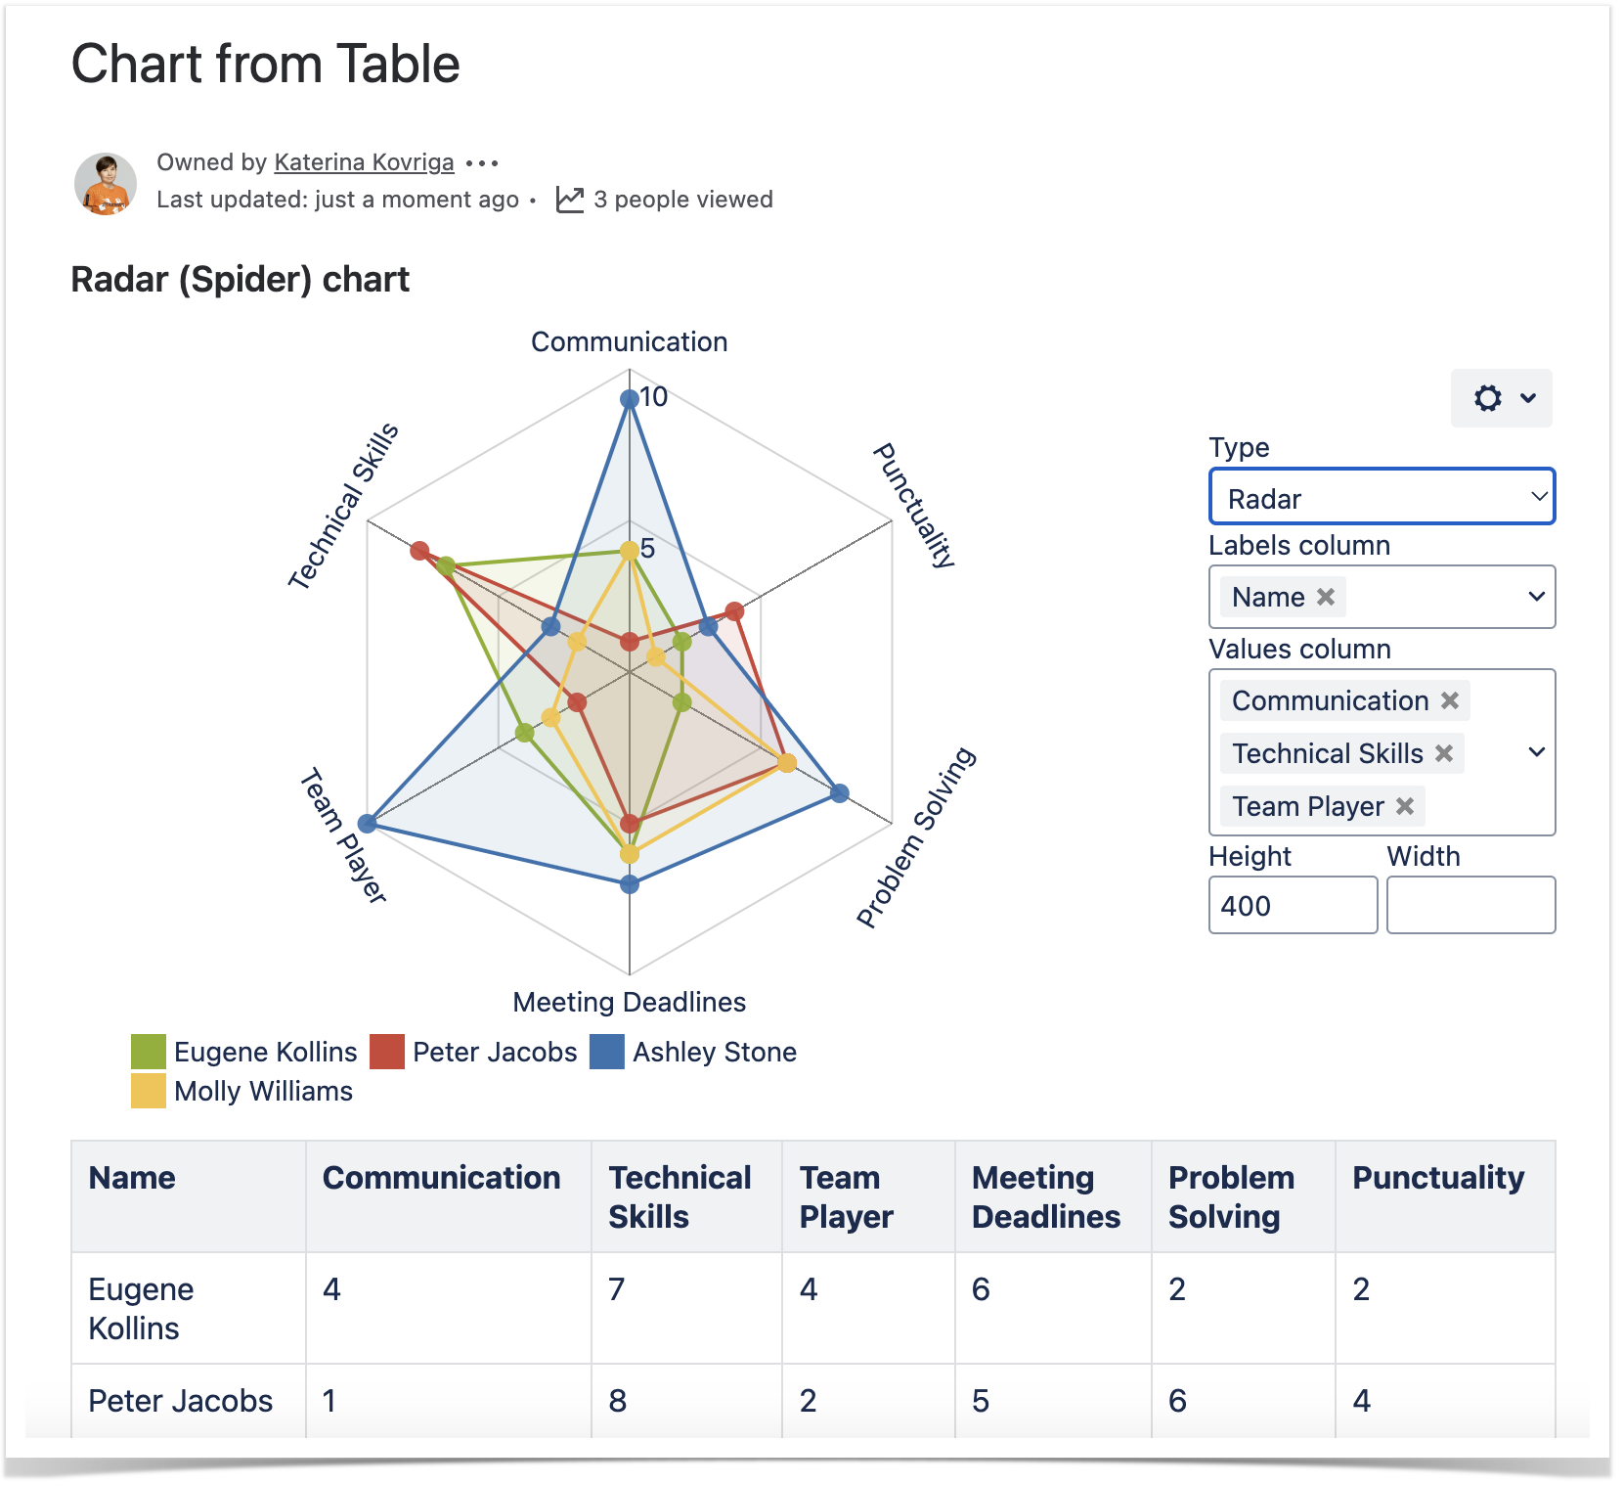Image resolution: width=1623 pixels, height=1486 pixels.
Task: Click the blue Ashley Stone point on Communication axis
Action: (630, 398)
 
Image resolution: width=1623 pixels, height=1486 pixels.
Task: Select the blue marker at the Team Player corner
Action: (367, 824)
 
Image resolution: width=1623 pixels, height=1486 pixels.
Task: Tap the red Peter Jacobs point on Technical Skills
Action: (419, 551)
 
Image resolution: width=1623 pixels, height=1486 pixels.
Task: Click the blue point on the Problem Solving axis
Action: (839, 792)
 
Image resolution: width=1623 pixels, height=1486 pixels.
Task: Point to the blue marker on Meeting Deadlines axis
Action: (630, 884)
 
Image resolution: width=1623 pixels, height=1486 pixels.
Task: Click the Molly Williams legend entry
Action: (263, 1091)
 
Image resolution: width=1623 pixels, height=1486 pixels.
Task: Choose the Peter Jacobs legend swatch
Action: (387, 1052)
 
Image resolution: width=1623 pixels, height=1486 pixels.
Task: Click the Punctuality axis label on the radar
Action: (913, 505)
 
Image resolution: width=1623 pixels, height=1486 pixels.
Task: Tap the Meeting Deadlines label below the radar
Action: (629, 1002)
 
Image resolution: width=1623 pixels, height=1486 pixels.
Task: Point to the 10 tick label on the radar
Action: (653, 396)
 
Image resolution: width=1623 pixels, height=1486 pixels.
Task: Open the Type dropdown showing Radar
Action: (1382, 498)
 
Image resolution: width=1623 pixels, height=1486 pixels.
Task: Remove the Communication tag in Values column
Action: (1450, 700)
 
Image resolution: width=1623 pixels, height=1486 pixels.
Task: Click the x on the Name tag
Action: (1326, 597)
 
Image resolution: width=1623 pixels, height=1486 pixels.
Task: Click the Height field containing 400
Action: (1293, 905)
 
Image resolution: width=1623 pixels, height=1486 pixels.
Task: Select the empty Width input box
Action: (1470, 905)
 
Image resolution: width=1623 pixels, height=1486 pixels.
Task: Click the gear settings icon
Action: (1488, 398)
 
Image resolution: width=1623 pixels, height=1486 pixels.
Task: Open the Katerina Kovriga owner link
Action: (364, 162)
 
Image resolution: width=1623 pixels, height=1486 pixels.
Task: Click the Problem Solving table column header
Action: (1231, 1196)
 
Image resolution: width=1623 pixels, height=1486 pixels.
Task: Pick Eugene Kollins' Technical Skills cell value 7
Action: (617, 1289)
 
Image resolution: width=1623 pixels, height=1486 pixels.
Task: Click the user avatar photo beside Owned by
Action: (106, 183)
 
